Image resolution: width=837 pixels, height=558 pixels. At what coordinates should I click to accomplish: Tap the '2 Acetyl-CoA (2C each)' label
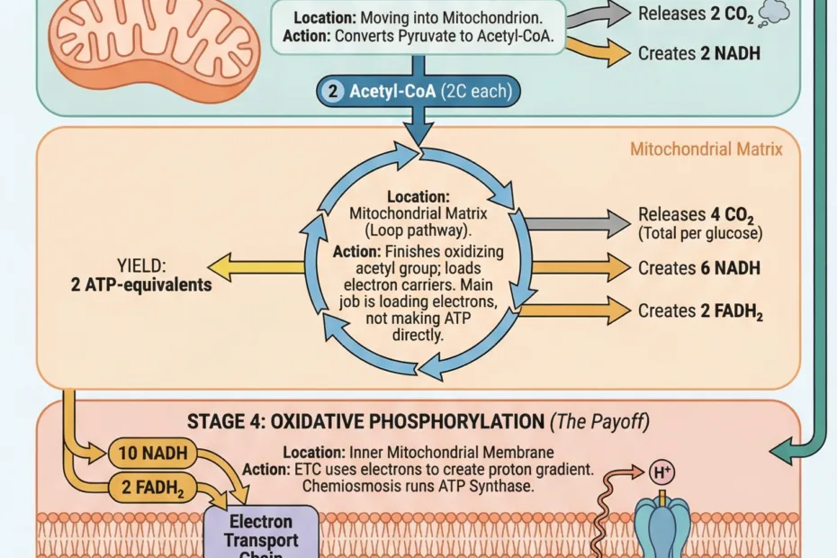tap(418, 92)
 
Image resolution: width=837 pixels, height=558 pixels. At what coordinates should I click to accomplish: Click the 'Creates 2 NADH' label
tap(699, 53)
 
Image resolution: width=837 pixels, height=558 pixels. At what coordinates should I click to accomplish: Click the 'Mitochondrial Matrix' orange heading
tap(706, 148)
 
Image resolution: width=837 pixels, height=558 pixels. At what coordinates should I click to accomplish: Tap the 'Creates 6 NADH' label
tap(699, 268)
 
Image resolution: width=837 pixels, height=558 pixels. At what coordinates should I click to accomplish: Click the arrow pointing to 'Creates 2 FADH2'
tap(576, 310)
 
